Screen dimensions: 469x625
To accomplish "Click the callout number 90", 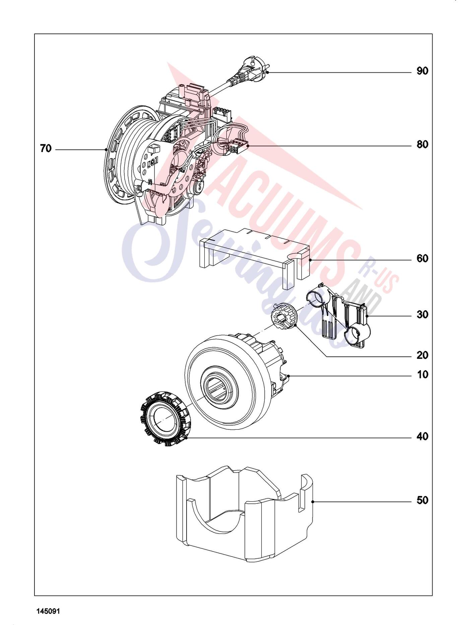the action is [422, 71].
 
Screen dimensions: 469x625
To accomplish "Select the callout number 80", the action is [422, 145].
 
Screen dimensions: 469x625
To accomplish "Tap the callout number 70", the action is [46, 148].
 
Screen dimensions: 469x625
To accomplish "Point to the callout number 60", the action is [422, 259].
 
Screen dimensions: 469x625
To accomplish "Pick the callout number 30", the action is [422, 315].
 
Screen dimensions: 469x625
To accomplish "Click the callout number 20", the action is [422, 355].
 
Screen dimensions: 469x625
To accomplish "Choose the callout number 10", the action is [422, 374].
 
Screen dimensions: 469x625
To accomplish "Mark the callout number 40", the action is [422, 436].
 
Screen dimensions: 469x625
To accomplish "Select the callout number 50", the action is [422, 500].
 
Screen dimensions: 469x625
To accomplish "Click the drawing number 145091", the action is [48, 611].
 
